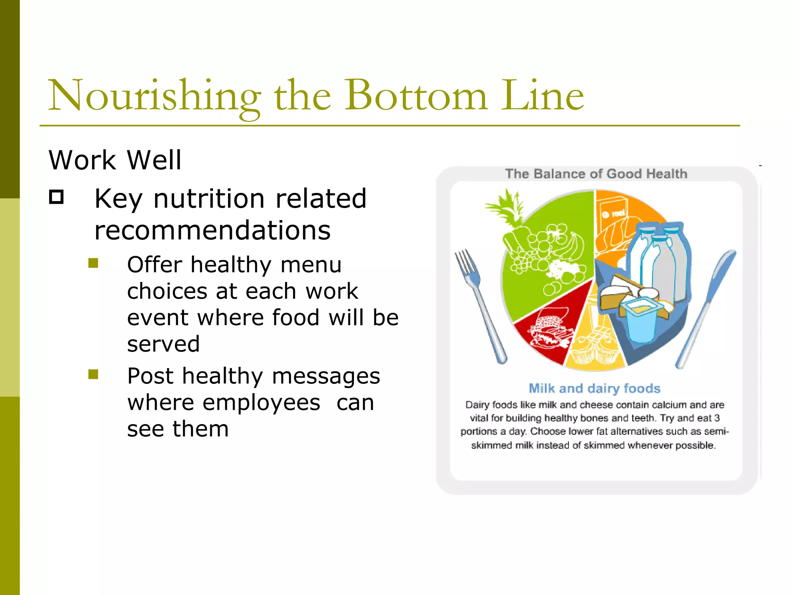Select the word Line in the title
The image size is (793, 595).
tap(542, 96)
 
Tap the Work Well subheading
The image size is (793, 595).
tap(115, 160)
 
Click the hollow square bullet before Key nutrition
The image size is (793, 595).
tap(57, 197)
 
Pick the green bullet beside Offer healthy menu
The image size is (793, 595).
tap(93, 263)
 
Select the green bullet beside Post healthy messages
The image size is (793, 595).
tap(93, 374)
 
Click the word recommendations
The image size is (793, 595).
tap(212, 230)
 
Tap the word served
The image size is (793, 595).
tap(163, 344)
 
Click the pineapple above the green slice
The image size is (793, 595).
tap(507, 209)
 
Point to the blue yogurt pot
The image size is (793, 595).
tap(641, 322)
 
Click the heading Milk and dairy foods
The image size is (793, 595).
tap(594, 388)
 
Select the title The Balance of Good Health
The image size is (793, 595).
tap(596, 174)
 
